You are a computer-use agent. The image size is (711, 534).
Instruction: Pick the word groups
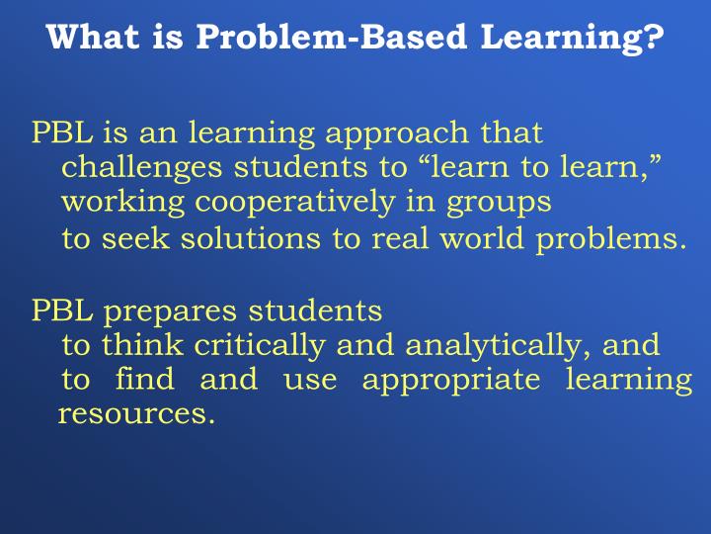click(498, 203)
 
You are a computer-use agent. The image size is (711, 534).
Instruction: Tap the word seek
click(133, 239)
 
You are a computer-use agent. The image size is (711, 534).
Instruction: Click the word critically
click(261, 346)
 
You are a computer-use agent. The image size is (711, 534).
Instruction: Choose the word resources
click(135, 414)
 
